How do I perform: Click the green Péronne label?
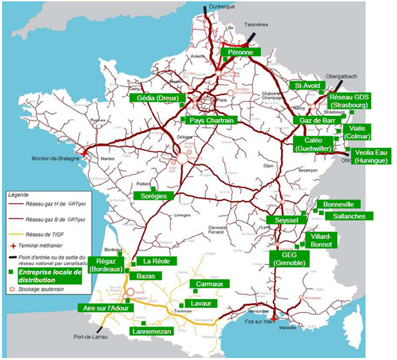[x=239, y=51]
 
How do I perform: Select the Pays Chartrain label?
[x=212, y=120]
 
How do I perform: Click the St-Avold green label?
[x=308, y=86]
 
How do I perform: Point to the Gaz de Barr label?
[x=315, y=120]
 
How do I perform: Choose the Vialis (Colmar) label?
[x=357, y=132]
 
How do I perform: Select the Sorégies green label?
[x=153, y=196]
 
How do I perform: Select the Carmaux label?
[x=210, y=284]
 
